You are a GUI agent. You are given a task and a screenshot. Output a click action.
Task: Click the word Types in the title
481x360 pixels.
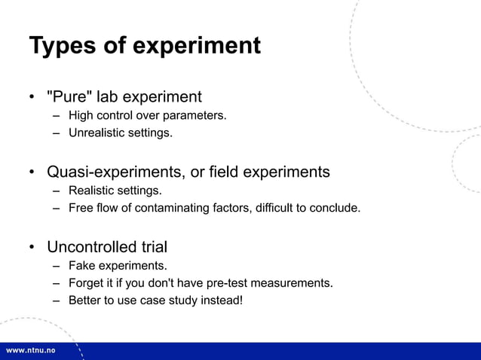(x=63, y=46)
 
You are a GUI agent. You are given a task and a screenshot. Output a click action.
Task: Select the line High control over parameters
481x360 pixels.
(x=147, y=115)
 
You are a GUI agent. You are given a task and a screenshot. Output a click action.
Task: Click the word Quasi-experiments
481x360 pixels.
(x=115, y=172)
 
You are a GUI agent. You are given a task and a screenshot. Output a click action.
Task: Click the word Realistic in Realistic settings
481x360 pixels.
(x=91, y=190)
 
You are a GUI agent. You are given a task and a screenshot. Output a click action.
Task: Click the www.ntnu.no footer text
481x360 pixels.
(x=32, y=351)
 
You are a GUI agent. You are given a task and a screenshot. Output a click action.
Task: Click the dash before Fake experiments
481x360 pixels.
(x=56, y=265)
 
